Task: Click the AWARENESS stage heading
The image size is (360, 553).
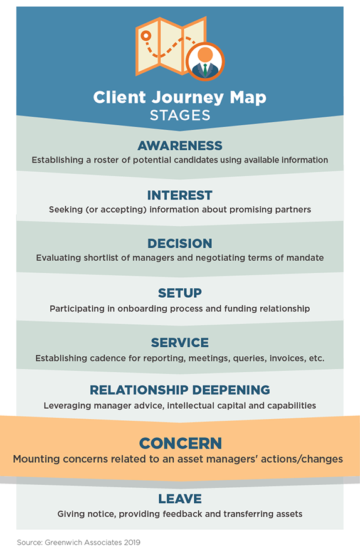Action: pos(180,145)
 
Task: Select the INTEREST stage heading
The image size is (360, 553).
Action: pos(180,195)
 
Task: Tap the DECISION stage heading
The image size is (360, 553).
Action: pos(180,243)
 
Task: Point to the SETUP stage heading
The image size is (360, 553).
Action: pos(180,293)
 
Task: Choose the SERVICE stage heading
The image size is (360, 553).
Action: pos(180,342)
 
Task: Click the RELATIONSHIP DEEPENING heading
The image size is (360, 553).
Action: pos(180,390)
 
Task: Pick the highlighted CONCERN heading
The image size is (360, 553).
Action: pos(181,443)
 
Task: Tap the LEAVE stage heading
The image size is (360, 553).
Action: pos(180,498)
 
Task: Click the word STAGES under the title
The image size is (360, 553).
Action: pos(180,115)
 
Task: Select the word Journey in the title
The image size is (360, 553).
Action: pos(188,98)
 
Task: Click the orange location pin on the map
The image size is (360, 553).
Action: pos(146,36)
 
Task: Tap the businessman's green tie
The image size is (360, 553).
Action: pos(206,70)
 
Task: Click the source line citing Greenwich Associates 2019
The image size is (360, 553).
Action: pos(78,542)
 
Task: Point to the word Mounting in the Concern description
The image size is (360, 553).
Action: pos(37,459)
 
